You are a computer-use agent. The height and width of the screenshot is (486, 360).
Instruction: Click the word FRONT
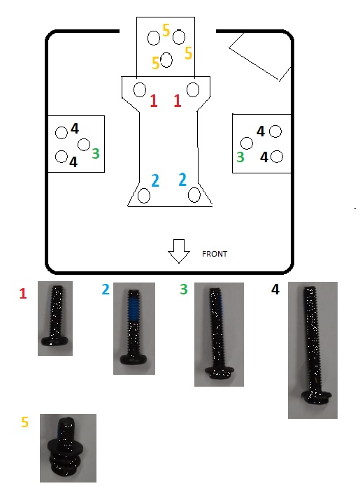[x=215, y=254]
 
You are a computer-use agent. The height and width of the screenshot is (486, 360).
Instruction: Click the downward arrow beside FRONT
[x=179, y=251]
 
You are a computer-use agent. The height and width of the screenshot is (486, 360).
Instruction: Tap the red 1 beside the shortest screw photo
[x=23, y=294]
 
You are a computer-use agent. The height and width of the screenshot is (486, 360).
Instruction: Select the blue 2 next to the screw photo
[x=106, y=290]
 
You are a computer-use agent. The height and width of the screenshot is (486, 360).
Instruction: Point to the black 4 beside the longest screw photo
[x=275, y=290]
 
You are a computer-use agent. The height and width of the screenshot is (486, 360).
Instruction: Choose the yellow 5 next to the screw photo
[x=24, y=422]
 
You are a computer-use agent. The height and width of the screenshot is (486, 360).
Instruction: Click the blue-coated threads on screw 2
[x=134, y=308]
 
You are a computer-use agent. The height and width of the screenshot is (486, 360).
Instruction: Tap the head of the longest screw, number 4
[x=317, y=397]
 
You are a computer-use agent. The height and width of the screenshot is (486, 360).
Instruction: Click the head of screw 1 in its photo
[x=55, y=341]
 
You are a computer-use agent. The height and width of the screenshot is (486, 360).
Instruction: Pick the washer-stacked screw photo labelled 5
[x=69, y=448]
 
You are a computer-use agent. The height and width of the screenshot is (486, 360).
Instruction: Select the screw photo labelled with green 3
[x=219, y=334]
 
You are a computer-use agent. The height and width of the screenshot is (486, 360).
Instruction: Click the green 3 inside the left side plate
[x=96, y=153]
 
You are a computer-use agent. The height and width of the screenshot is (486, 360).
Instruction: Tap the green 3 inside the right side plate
[x=240, y=157]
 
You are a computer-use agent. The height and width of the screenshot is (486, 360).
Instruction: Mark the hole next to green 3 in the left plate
[x=84, y=145]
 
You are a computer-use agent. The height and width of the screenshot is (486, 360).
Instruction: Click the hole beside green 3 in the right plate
[x=247, y=143]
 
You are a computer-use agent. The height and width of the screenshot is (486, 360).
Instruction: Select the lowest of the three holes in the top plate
[x=166, y=60]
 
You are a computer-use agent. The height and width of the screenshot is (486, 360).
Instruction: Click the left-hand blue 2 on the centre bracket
[x=155, y=180]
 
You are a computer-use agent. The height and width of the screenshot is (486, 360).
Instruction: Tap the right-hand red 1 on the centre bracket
[x=178, y=101]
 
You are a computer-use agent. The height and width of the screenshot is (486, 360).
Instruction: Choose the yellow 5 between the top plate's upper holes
[x=166, y=30]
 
